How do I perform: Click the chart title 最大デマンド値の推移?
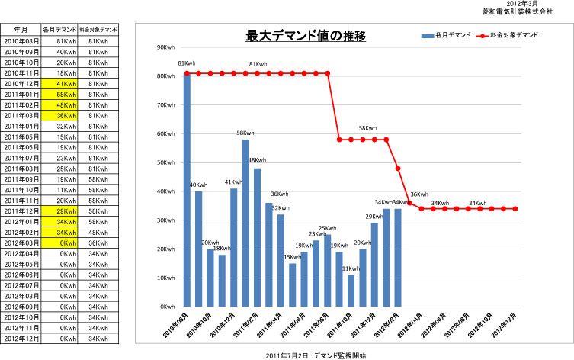click(x=306, y=35)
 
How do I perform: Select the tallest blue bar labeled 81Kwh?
click(x=187, y=191)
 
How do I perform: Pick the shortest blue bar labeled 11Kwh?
click(x=351, y=291)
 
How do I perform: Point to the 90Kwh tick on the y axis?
click(x=165, y=47)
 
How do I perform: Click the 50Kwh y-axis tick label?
click(x=165, y=162)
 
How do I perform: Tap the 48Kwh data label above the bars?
click(x=257, y=161)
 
